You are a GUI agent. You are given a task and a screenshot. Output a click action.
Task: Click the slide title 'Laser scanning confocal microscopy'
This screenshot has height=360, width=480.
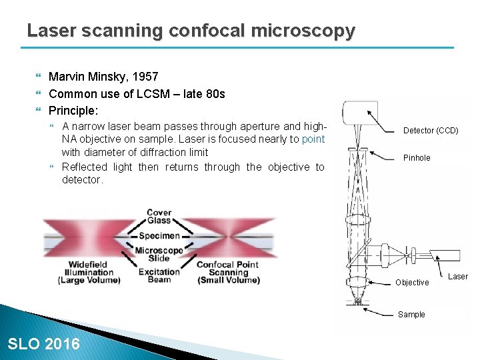tap(191, 31)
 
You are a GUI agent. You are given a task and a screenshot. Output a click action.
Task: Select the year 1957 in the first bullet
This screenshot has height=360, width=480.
tap(147, 77)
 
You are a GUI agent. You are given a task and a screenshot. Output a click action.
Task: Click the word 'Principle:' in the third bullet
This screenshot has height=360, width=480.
tap(73, 110)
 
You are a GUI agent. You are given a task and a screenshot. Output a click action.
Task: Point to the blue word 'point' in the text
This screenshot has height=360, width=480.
tap(313, 139)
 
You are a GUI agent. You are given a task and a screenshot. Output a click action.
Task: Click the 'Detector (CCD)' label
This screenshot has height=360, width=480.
tap(431, 131)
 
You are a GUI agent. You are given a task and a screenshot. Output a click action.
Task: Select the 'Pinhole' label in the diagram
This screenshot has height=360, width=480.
tap(417, 158)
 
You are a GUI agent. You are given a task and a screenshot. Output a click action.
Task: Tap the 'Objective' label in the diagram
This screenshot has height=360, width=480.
tap(412, 283)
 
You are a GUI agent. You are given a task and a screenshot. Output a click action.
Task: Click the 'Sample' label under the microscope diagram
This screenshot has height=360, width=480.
tap(411, 315)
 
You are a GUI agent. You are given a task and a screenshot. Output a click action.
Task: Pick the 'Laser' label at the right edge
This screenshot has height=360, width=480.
tap(458, 277)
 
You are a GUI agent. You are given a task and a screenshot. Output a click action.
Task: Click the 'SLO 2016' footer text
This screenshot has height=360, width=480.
tap(43, 344)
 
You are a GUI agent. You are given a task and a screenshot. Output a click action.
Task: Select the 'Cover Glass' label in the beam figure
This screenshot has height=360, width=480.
tap(159, 217)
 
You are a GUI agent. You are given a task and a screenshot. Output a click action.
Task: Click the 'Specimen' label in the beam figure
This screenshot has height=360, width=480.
tap(159, 235)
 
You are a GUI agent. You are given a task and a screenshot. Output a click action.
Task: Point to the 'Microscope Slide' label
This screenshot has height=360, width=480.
tap(159, 254)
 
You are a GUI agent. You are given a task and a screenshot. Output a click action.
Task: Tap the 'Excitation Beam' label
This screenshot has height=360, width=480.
tap(159, 275)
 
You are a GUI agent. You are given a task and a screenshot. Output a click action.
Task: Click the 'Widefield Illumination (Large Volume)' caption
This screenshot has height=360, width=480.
tap(89, 273)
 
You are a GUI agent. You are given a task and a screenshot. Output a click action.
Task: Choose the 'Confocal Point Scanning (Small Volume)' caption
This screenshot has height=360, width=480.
tap(228, 273)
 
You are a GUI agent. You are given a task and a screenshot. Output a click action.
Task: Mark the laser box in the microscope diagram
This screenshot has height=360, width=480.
tap(445, 255)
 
